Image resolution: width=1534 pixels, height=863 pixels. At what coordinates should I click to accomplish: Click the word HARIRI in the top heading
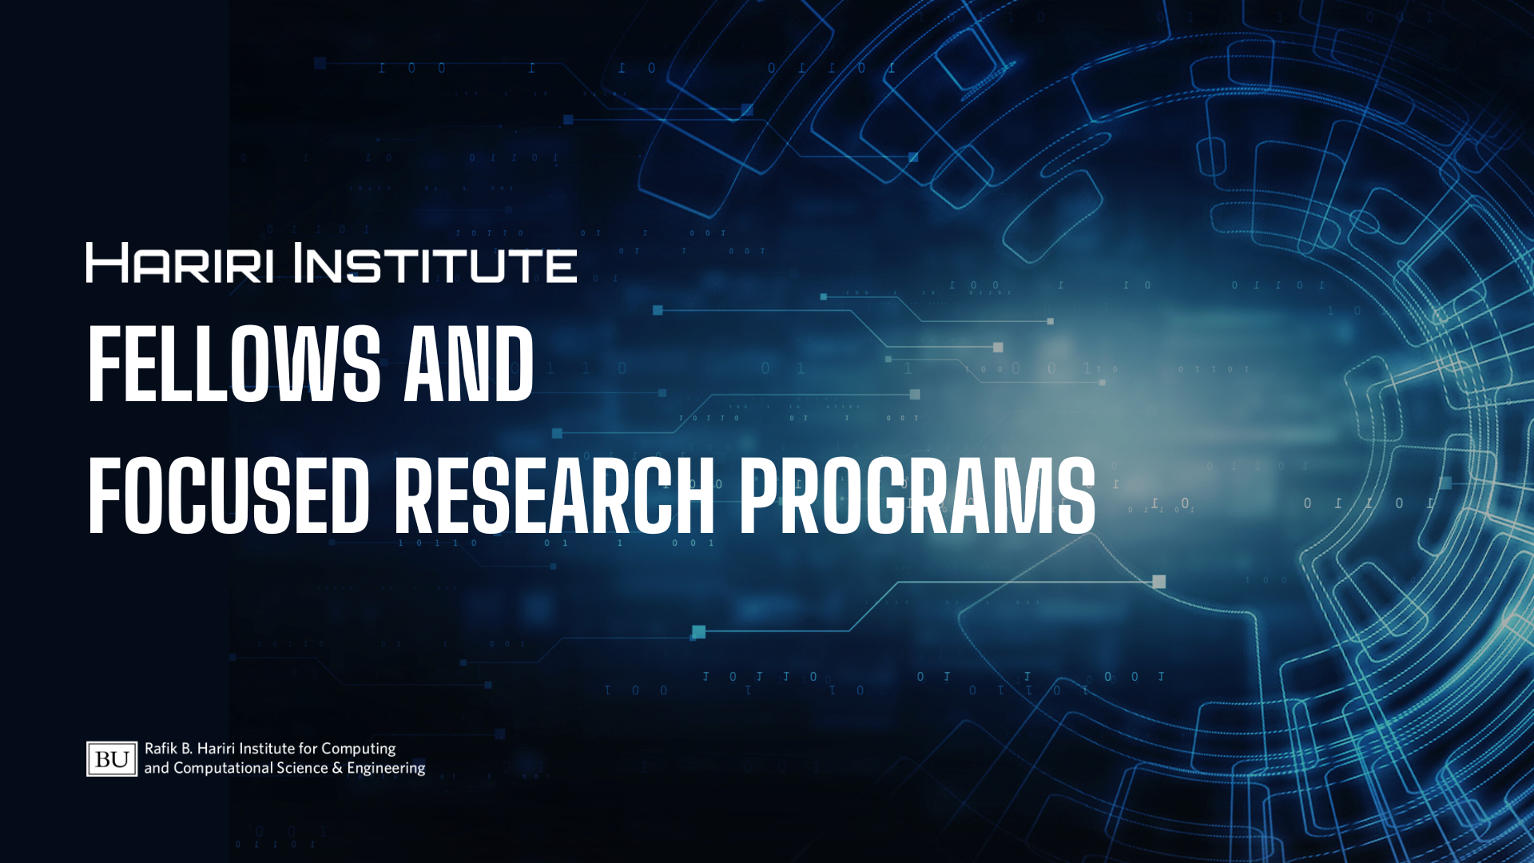180,263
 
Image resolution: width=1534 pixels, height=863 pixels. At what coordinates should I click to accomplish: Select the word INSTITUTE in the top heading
435,263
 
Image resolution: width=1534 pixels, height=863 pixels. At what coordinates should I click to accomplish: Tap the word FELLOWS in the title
234,364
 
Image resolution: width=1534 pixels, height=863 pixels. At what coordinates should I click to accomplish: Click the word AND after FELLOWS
469,364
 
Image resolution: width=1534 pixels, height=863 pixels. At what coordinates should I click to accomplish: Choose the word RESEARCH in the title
554,495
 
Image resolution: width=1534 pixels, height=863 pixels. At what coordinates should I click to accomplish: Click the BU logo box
112,759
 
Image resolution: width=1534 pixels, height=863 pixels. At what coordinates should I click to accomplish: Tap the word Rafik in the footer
161,749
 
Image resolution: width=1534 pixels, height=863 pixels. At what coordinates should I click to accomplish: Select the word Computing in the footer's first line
359,750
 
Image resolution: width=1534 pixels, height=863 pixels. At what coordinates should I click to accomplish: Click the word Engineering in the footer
386,769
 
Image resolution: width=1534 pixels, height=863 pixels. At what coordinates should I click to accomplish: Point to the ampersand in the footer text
337,768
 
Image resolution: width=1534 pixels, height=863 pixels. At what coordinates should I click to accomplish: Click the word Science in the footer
302,768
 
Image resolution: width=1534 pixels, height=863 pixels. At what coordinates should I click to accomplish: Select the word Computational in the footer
223,769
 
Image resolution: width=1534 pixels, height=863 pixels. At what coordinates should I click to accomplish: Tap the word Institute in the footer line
267,749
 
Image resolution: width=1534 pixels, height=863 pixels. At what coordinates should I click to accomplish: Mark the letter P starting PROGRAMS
760,495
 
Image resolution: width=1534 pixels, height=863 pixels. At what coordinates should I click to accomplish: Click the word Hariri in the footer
216,749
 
